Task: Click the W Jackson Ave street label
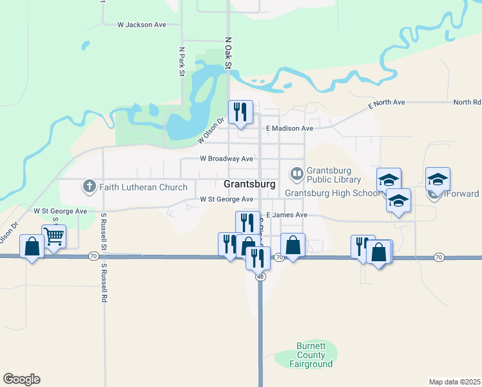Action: click(x=142, y=25)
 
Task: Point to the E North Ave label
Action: click(x=387, y=103)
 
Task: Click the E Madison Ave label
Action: click(x=289, y=128)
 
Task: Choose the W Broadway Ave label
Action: click(x=226, y=159)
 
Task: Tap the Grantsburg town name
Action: click(x=249, y=184)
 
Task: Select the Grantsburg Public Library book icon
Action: click(x=296, y=173)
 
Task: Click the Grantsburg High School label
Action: click(x=333, y=193)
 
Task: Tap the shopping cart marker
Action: click(x=54, y=237)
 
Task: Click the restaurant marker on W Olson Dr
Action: click(x=240, y=112)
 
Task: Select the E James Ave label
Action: click(x=287, y=215)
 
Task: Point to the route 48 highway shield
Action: click(x=260, y=277)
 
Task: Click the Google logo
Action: click(x=21, y=379)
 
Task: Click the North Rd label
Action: click(x=467, y=103)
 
